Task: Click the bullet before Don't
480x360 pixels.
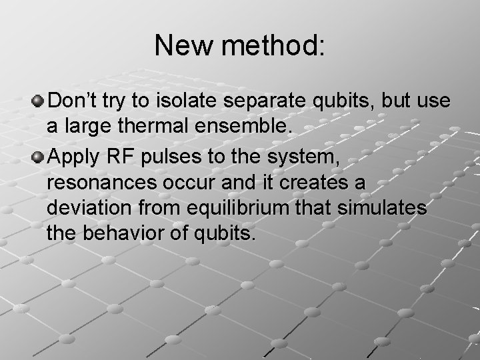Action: [39, 101]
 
